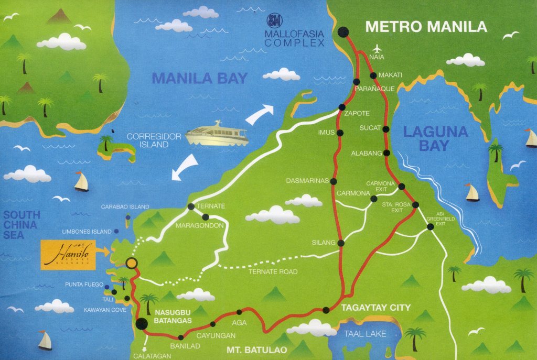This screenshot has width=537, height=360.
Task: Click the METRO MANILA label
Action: click(426, 27)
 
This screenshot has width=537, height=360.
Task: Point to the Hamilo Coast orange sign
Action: click(68, 255)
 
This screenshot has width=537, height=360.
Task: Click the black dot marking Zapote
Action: click(341, 107)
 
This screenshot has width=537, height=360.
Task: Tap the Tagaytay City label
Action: click(375, 307)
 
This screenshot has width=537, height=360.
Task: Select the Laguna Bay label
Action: click(435, 139)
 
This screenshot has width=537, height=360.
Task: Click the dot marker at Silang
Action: click(341, 243)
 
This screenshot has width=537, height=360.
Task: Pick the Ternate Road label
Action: click(273, 271)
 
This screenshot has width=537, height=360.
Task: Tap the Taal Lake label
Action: click(365, 333)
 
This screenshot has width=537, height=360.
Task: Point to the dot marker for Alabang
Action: click(387, 153)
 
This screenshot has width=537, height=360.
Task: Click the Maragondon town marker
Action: click(206, 216)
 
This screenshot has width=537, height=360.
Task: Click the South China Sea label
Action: click(22, 225)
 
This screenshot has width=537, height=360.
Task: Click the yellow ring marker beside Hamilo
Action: click(132, 263)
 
